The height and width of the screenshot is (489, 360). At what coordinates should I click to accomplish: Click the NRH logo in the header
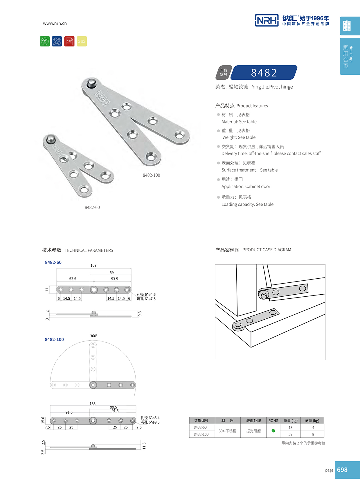click(267, 20)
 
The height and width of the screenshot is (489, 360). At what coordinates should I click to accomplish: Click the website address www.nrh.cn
click(55, 23)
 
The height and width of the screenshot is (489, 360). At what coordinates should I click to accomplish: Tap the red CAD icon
click(69, 41)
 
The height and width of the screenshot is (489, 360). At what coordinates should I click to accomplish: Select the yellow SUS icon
click(82, 41)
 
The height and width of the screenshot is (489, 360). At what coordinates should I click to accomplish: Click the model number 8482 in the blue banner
click(264, 73)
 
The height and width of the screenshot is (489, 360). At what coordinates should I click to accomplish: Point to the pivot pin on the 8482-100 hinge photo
click(92, 83)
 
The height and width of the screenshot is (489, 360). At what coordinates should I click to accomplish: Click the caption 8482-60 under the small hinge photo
click(92, 207)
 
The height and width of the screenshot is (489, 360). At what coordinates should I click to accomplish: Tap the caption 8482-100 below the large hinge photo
click(151, 175)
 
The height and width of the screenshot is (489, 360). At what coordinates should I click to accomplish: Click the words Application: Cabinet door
click(246, 187)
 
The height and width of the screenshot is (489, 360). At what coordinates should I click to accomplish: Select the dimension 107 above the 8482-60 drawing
click(93, 265)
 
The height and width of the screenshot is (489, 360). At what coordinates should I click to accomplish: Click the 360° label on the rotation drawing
click(93, 336)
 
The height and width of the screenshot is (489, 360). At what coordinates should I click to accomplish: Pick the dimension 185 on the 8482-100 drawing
click(92, 404)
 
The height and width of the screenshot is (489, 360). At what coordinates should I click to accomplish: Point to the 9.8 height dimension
click(140, 314)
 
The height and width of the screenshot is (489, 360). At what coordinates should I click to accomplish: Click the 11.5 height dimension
click(144, 446)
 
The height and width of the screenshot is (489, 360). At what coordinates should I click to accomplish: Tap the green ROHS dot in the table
click(273, 431)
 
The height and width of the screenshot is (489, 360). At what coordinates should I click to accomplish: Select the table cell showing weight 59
click(290, 434)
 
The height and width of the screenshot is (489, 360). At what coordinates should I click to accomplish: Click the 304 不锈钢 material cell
click(227, 431)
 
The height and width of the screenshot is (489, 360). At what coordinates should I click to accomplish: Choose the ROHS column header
click(273, 420)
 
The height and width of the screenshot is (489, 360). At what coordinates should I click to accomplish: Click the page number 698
click(342, 470)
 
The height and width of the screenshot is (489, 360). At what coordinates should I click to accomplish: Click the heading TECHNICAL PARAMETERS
click(89, 250)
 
